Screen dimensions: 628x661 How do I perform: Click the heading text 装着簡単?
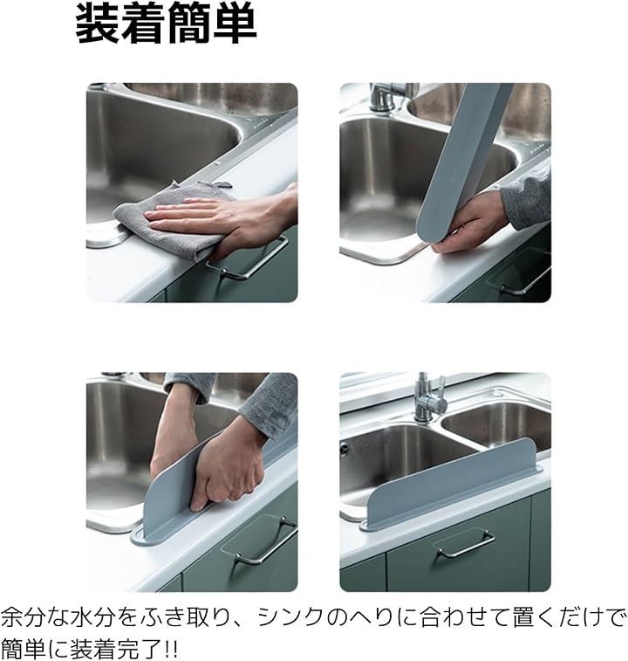166,25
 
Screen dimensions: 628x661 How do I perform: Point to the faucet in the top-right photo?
386,98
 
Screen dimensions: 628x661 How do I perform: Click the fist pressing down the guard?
225,464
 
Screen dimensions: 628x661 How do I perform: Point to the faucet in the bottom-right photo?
429,398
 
